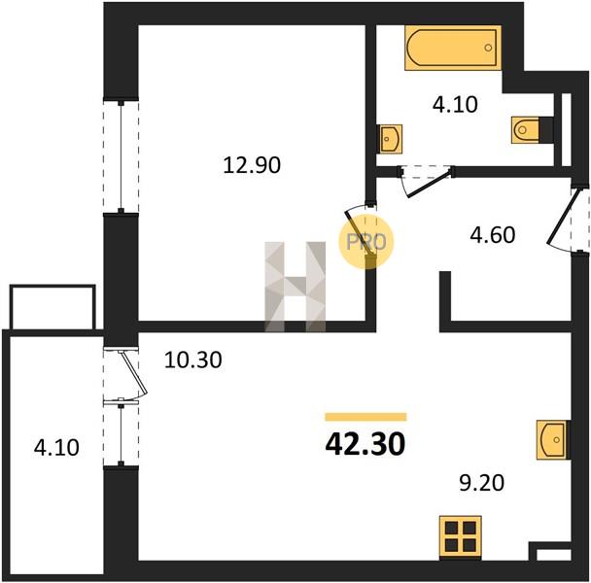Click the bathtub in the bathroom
[x=453, y=48]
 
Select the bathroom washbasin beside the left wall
[x=390, y=139]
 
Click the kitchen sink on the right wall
[x=553, y=439]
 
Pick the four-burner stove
[x=461, y=537]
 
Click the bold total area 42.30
[x=365, y=443]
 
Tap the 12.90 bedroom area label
[x=252, y=165]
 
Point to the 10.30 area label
[x=193, y=360]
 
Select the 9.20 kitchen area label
[x=481, y=483]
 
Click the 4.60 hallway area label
[x=492, y=235]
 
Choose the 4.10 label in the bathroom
[x=455, y=104]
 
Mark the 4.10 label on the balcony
[x=56, y=448]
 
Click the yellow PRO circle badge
[x=366, y=242]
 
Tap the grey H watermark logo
[x=295, y=287]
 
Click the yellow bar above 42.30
[x=365, y=417]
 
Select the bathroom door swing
[x=428, y=183]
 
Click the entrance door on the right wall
[x=562, y=219]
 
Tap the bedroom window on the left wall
[x=121, y=156]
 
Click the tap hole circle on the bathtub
[x=489, y=48]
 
